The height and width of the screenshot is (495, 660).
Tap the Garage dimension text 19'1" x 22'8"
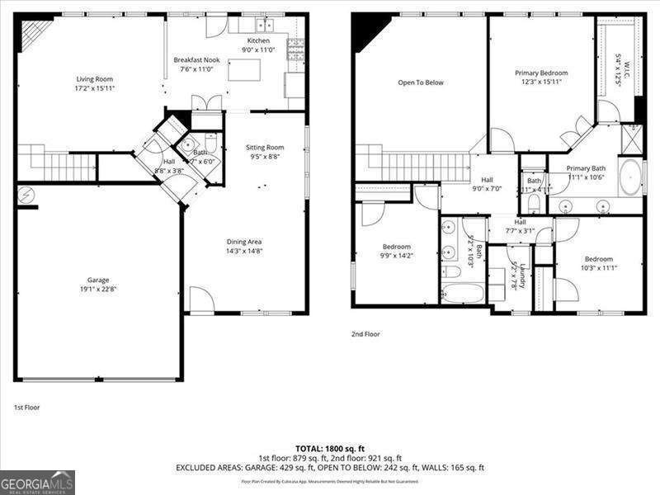(x=98, y=289)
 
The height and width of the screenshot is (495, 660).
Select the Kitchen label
(x=258, y=40)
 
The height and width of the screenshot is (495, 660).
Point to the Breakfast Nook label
(x=196, y=60)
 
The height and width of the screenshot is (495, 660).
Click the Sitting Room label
(x=265, y=148)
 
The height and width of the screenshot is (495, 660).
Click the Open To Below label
(x=421, y=82)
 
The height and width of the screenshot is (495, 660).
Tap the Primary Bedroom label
(x=541, y=73)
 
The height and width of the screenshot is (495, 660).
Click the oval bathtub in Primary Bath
(x=629, y=177)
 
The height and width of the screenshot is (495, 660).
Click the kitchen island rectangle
(x=244, y=70)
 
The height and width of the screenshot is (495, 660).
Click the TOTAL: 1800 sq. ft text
(x=330, y=446)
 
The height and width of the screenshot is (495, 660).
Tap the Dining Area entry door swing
(x=200, y=300)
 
